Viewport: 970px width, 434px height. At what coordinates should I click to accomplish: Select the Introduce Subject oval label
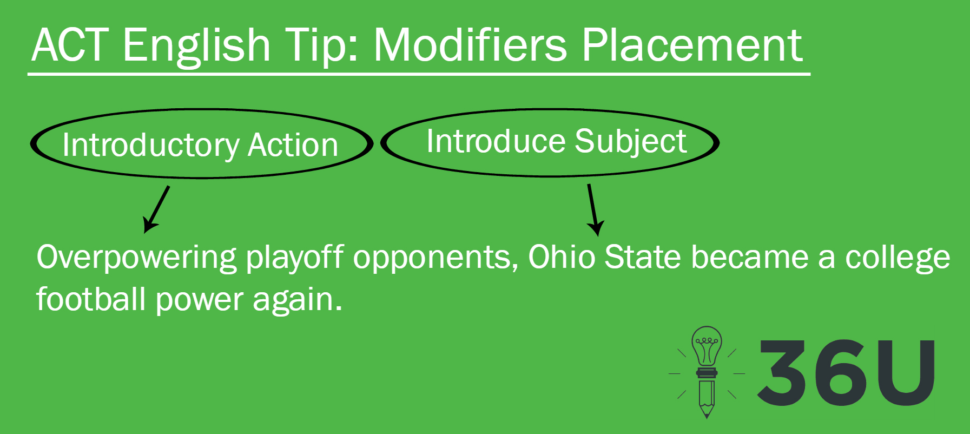550,142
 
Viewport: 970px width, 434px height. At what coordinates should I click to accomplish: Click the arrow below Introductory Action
156,209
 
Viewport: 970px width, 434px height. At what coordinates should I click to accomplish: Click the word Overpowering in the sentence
136,258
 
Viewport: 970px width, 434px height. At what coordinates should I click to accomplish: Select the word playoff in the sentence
295,258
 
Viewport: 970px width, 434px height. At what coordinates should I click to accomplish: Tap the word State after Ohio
642,257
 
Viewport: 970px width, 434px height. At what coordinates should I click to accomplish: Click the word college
898,258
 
